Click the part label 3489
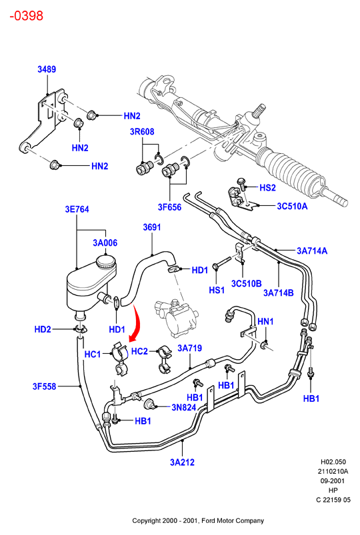tap(47, 69)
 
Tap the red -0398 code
tap(26, 16)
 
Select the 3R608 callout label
tap(142, 131)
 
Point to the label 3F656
tap(169, 207)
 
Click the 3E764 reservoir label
tap(77, 209)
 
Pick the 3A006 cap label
tap(105, 243)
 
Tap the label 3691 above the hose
tap(151, 227)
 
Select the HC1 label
tap(93, 354)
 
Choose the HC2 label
tap(139, 351)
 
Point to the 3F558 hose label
tap(45, 386)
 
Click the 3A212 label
tap(182, 462)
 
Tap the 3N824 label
tap(184, 407)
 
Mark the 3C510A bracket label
tap(292, 206)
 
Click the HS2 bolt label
tap(267, 188)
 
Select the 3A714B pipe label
tap(279, 292)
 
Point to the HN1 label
tap(265, 321)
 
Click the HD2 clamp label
tap(43, 329)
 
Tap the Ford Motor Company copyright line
tap(198, 520)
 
